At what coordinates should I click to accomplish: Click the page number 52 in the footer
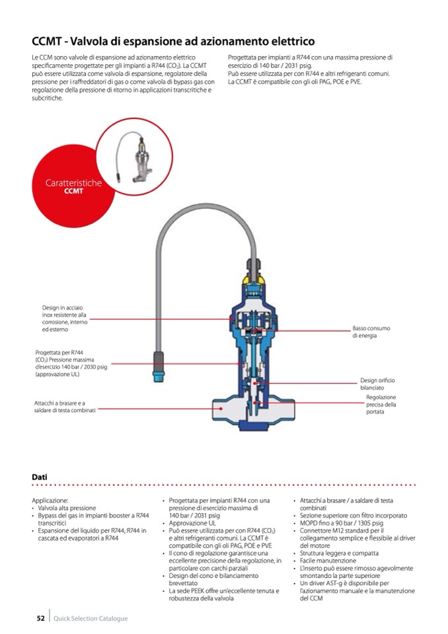(40, 618)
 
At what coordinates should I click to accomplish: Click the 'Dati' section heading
(40, 477)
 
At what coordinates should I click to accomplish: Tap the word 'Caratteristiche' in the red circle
(73, 183)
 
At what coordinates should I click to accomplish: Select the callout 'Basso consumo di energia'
(371, 332)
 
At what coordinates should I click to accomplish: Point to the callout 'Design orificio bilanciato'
(377, 384)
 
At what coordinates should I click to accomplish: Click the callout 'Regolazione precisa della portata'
(381, 404)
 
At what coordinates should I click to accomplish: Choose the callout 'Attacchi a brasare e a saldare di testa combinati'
(65, 407)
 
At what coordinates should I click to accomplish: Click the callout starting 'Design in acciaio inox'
(64, 318)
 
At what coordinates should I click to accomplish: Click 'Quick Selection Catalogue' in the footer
(91, 619)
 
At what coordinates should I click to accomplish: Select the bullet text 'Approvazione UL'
(192, 523)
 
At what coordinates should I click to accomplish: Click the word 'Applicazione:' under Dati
(50, 500)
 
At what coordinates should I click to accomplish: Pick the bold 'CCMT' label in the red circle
(73, 192)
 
